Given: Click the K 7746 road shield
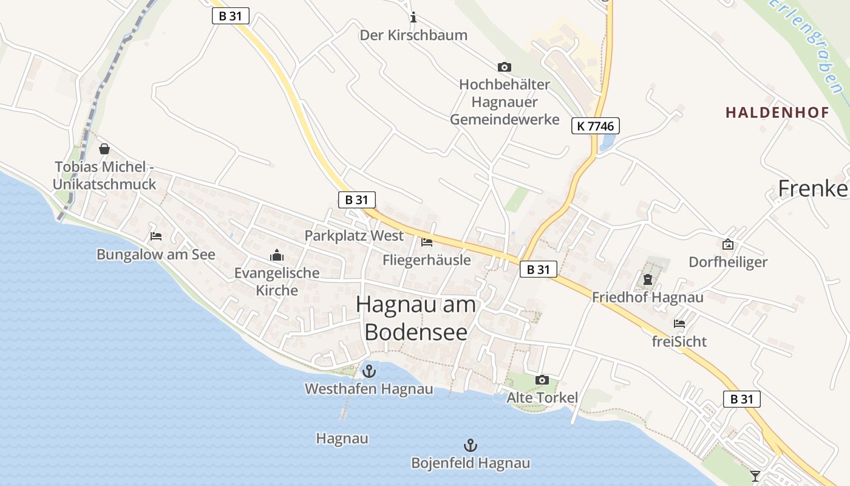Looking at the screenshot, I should point(595,126).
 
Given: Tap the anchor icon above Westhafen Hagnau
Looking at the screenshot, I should point(369,371).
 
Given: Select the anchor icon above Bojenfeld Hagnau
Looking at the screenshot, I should point(470,445).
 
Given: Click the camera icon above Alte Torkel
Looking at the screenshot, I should point(542,380).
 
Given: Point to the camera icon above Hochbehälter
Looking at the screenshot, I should point(504,67).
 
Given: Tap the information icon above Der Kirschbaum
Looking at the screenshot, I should point(413,17).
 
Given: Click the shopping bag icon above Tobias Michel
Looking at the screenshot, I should point(104,148).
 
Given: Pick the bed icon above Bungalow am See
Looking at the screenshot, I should point(156,236).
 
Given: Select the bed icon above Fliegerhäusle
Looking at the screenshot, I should point(427,242).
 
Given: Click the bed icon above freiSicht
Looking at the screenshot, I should point(679,324).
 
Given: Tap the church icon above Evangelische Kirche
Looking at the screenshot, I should point(277,255).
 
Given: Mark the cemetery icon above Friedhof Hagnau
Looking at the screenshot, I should point(648,280).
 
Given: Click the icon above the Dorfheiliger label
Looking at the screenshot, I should point(728,244).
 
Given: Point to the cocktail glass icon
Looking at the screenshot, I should point(755,476).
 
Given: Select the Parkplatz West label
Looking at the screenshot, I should point(354,235).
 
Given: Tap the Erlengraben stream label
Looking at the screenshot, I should point(808,46).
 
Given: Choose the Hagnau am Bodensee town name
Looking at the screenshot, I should point(416,318).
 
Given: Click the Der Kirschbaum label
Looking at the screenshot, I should point(413,35).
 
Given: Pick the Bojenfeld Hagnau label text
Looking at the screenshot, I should point(471,464).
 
